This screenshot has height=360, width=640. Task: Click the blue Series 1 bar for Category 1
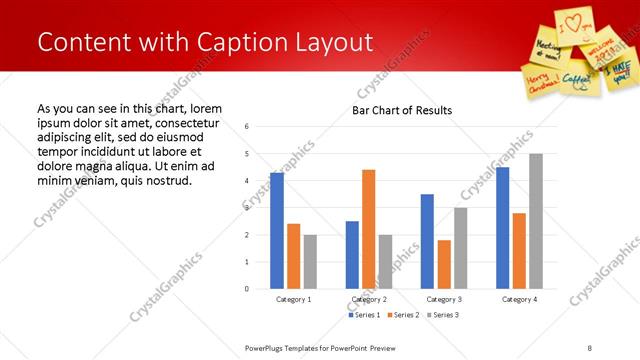tap(277, 231)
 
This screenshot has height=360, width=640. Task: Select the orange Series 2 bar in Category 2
tap(369, 229)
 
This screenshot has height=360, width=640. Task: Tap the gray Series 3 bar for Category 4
tap(536, 221)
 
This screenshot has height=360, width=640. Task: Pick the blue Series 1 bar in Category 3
tap(427, 241)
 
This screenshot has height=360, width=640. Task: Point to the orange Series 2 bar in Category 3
tap(444, 264)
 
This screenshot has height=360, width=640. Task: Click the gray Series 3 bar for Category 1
tap(310, 261)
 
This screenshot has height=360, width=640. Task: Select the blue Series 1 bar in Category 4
tap(502, 228)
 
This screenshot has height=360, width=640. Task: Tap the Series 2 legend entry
tap(402, 315)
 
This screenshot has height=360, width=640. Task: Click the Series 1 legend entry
tap(362, 315)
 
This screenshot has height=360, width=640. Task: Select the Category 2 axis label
tap(369, 299)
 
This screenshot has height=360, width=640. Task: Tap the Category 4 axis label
tap(519, 299)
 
